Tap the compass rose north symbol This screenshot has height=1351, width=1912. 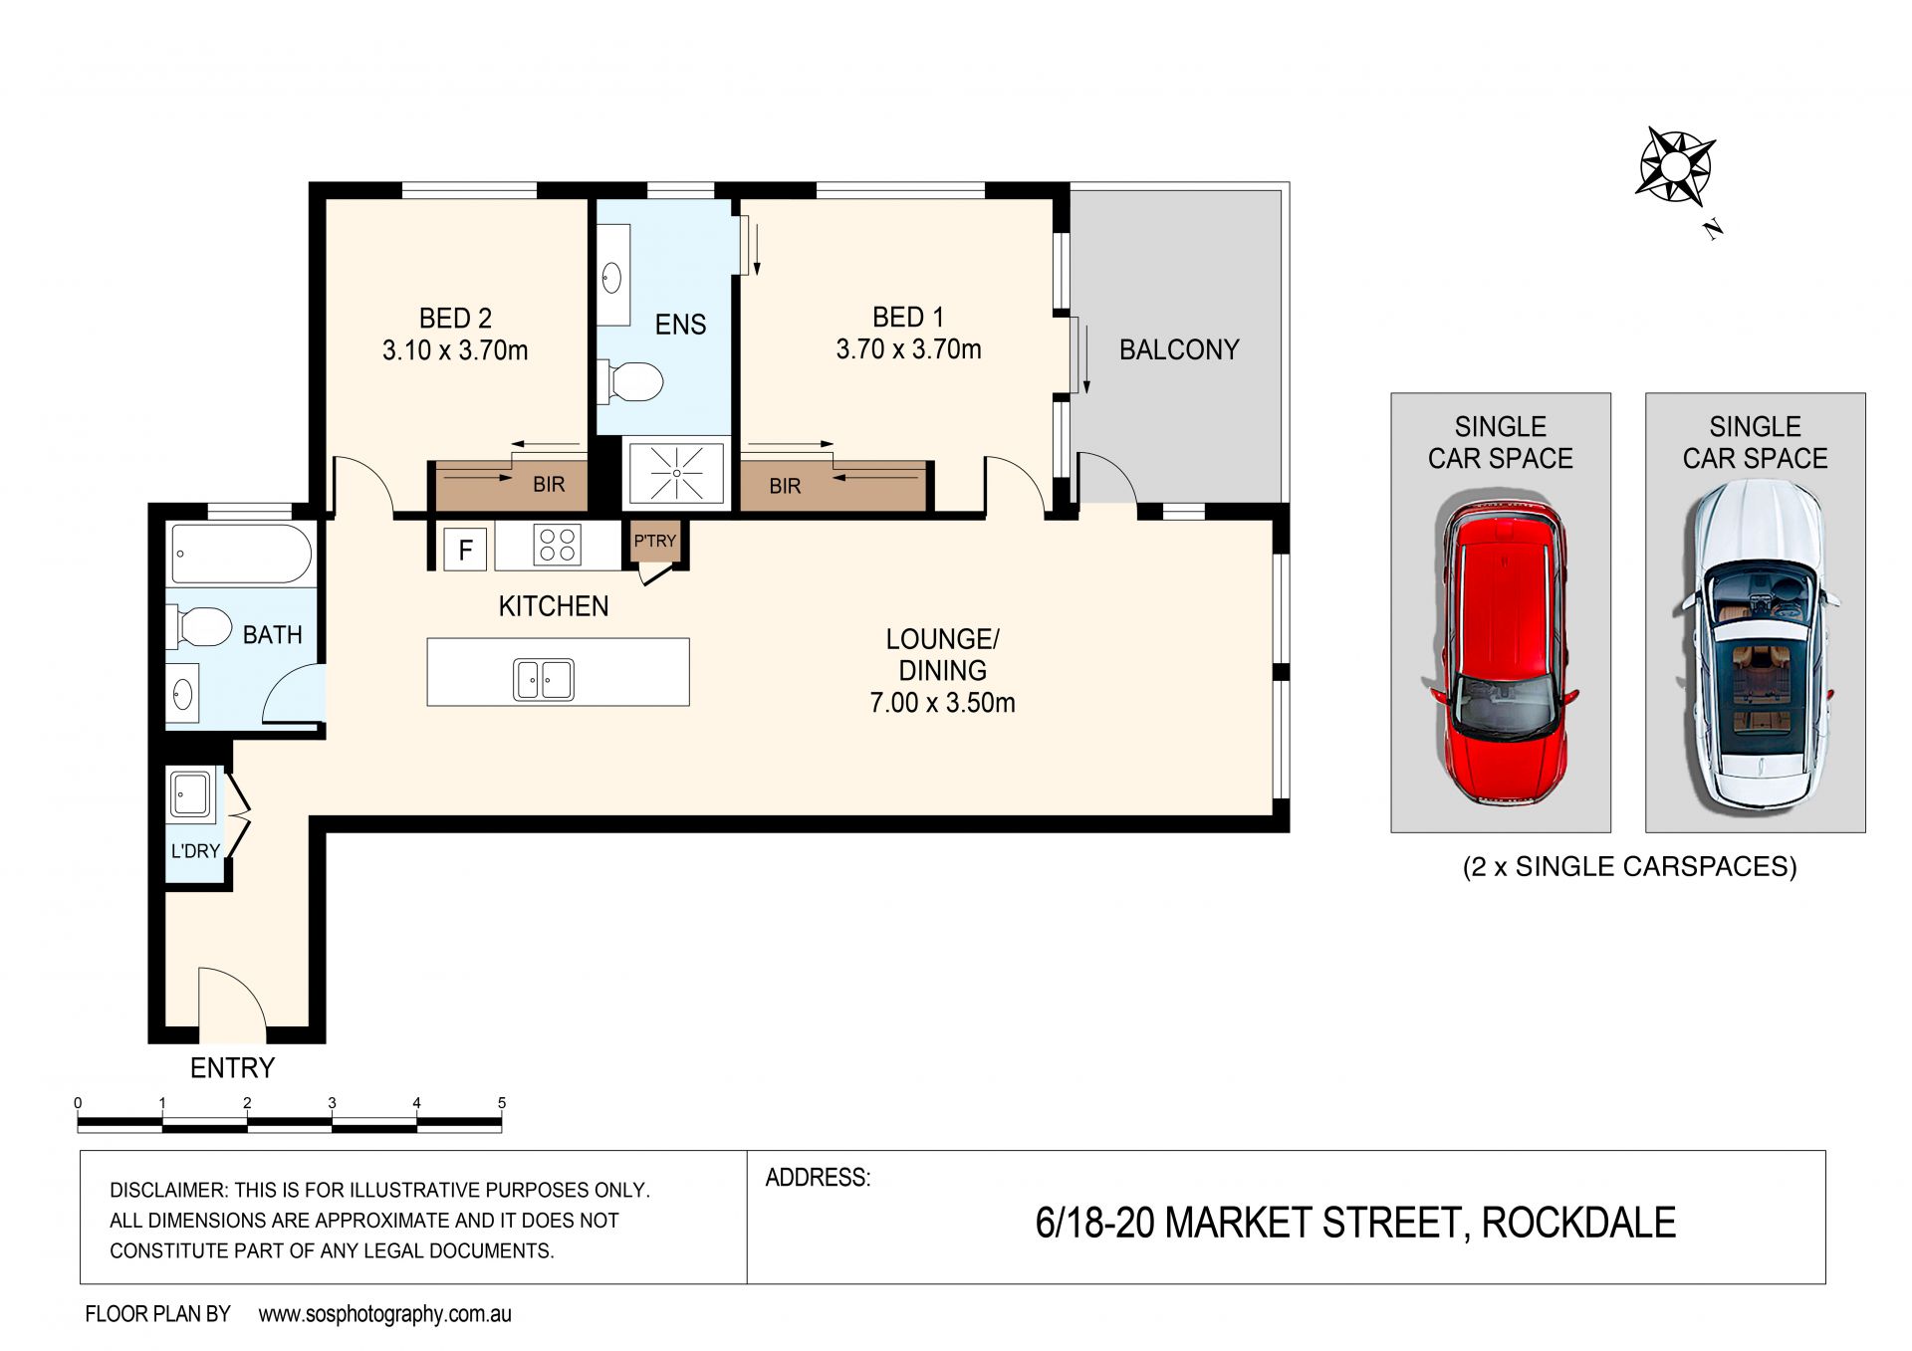tap(1676, 166)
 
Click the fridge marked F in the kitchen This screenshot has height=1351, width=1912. tap(465, 549)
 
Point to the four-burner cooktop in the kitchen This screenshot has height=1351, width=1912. tap(557, 546)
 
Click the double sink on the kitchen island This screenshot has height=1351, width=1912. tap(544, 680)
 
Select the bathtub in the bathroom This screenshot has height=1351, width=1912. tap(242, 553)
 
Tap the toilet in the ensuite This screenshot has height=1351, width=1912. tap(630, 381)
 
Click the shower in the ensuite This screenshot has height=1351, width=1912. tap(676, 472)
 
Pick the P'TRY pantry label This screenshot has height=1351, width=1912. tap(655, 541)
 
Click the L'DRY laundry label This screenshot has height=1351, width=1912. tap(195, 851)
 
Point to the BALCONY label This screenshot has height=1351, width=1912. tap(1179, 349)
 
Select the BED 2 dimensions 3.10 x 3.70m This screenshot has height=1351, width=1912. tap(455, 350)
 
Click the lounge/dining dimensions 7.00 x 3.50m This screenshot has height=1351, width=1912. tap(942, 703)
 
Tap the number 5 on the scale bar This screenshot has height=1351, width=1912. tap(502, 1103)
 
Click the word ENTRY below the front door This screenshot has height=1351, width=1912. tap(232, 1068)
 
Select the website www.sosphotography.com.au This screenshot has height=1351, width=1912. tap(384, 1314)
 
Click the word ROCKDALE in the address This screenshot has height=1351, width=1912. tap(1578, 1223)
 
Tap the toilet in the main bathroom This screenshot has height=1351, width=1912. tap(203, 627)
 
